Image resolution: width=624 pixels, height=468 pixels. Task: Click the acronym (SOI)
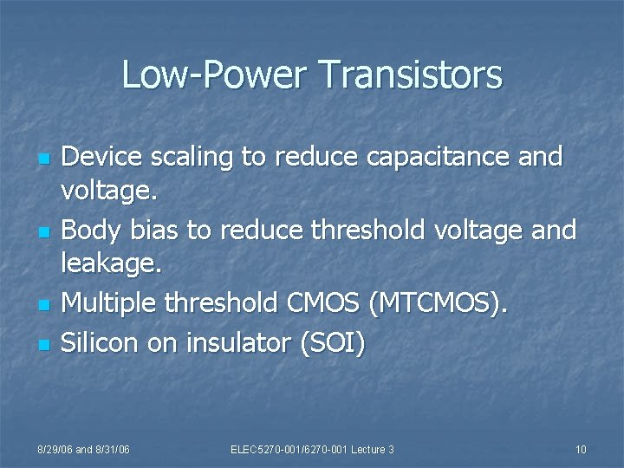pos(332,342)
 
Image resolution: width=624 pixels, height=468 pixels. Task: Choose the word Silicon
pos(101,342)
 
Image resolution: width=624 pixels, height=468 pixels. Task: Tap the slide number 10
pos(580,449)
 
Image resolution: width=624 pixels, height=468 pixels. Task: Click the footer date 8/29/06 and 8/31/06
pos(83,449)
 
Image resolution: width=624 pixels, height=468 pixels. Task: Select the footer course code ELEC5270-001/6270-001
pos(289,449)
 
